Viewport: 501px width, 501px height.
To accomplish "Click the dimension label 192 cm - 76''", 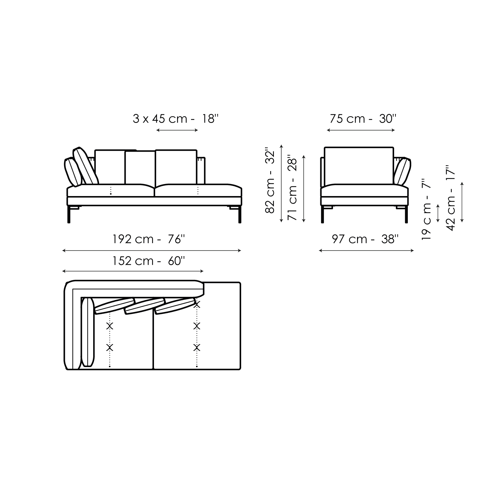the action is tap(149, 239).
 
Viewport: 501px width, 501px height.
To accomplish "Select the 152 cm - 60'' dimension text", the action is tap(149, 261).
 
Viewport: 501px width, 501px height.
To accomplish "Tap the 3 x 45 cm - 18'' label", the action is tap(176, 119).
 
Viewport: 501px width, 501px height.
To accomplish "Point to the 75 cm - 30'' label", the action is tap(363, 119).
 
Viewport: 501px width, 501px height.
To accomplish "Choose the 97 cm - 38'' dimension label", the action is tap(365, 239).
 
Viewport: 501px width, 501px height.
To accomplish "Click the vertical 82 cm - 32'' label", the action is tap(270, 180).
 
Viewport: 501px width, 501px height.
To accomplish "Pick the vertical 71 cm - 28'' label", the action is tap(292, 187).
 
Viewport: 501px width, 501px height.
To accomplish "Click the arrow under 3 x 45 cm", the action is tap(177, 130).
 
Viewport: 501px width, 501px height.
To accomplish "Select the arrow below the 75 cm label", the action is tap(361, 130).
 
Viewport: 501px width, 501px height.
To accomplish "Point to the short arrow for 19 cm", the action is tap(439, 213).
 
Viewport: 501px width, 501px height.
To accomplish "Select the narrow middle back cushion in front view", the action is tap(140, 168).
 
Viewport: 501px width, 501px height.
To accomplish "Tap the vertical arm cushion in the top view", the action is tap(88, 332).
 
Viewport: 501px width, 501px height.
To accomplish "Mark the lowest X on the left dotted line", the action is tap(110, 348).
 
